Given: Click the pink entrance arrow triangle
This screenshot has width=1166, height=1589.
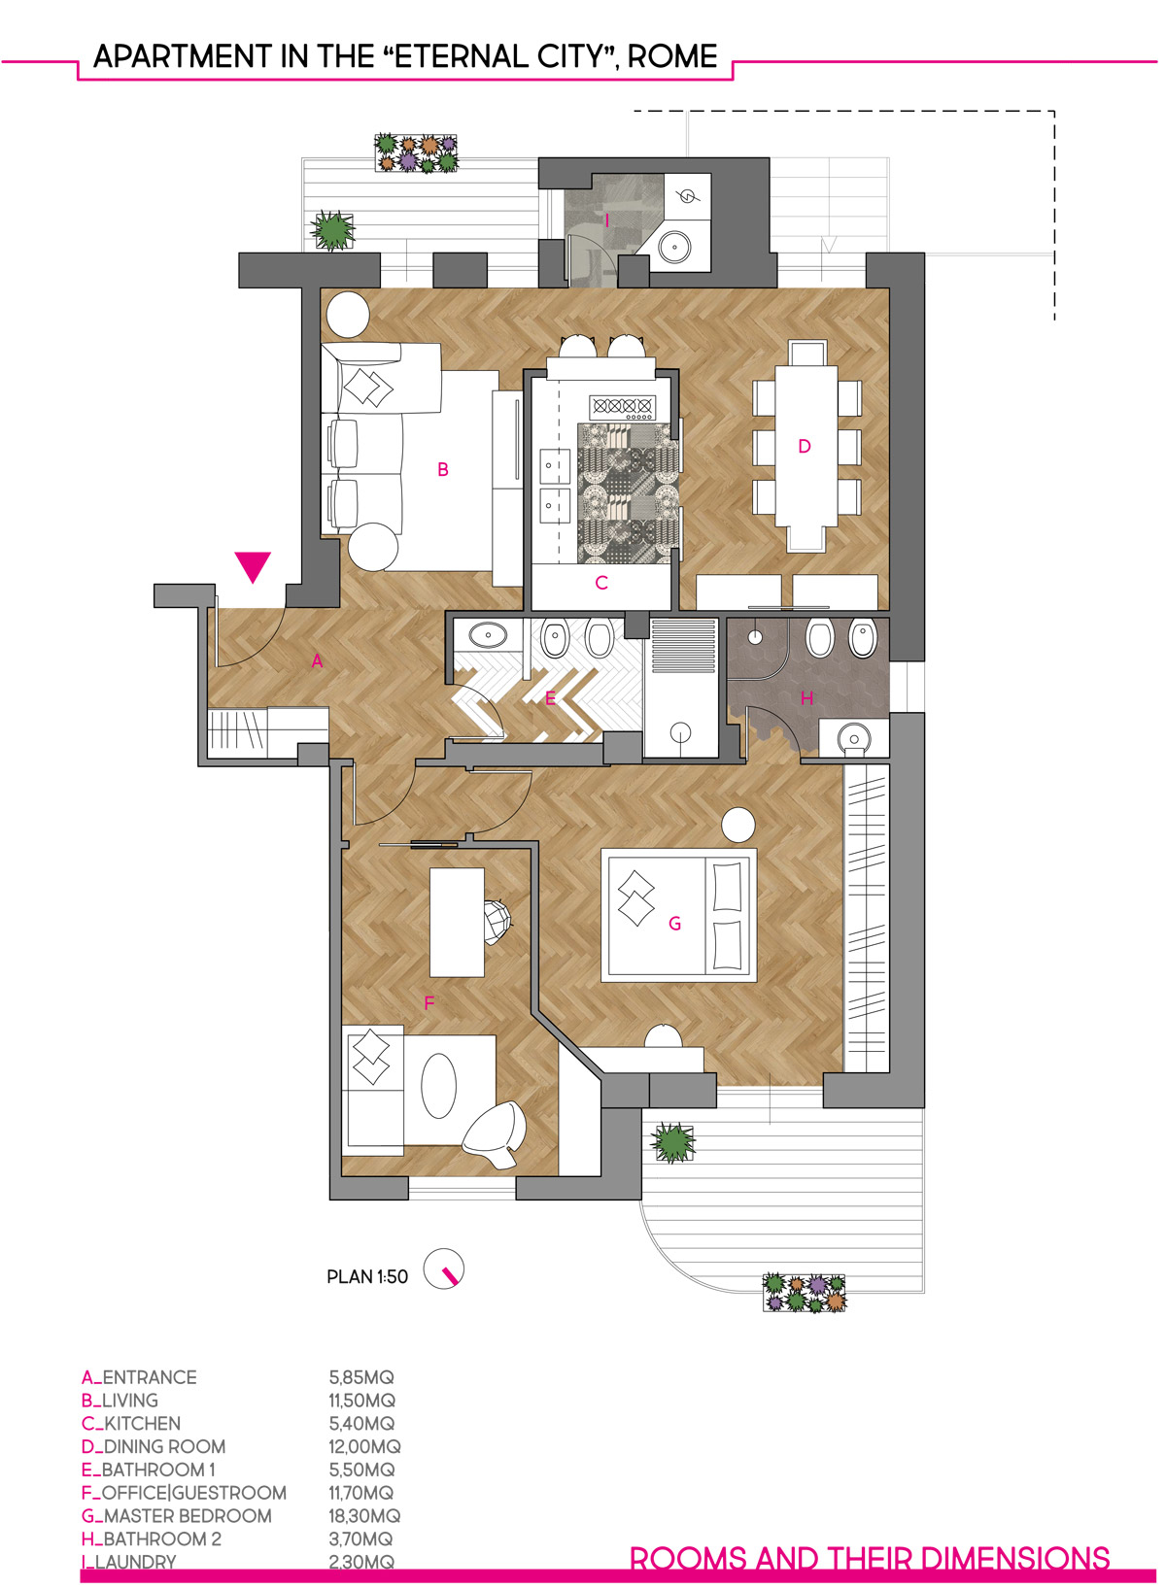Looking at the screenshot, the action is pyautogui.click(x=253, y=566).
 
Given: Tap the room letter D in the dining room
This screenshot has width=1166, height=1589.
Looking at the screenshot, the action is pyautogui.click(x=805, y=446).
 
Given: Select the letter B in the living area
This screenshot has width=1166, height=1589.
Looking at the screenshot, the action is pyautogui.click(x=443, y=469).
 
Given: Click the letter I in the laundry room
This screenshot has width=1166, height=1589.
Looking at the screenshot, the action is pyautogui.click(x=606, y=221).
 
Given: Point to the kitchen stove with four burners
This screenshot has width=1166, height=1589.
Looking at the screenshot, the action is pyautogui.click(x=622, y=406).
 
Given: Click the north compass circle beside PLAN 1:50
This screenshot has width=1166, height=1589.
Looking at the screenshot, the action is pyautogui.click(x=443, y=1269).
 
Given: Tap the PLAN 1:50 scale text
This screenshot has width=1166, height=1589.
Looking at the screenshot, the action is pyautogui.click(x=367, y=1277).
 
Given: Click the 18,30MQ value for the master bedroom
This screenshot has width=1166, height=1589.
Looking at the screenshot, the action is pyautogui.click(x=364, y=1516).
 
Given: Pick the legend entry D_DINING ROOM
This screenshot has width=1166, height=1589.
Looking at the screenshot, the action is pyautogui.click(x=154, y=1446).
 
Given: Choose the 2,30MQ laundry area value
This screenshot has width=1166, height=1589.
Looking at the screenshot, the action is pyautogui.click(x=361, y=1562).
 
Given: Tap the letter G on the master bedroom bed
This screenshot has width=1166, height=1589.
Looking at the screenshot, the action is pyautogui.click(x=675, y=923).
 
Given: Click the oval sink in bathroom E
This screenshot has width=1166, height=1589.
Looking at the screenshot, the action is pyautogui.click(x=487, y=634).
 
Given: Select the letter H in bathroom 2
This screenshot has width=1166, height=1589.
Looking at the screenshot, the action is pyautogui.click(x=806, y=698).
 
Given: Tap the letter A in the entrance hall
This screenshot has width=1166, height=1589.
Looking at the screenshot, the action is pyautogui.click(x=317, y=661).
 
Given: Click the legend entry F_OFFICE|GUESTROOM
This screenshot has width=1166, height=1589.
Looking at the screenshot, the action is pyautogui.click(x=184, y=1493).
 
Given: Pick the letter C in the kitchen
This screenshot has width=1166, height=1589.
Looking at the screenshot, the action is pyautogui.click(x=601, y=583).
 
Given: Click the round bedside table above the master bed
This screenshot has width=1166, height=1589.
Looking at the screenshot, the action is pyautogui.click(x=738, y=825).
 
